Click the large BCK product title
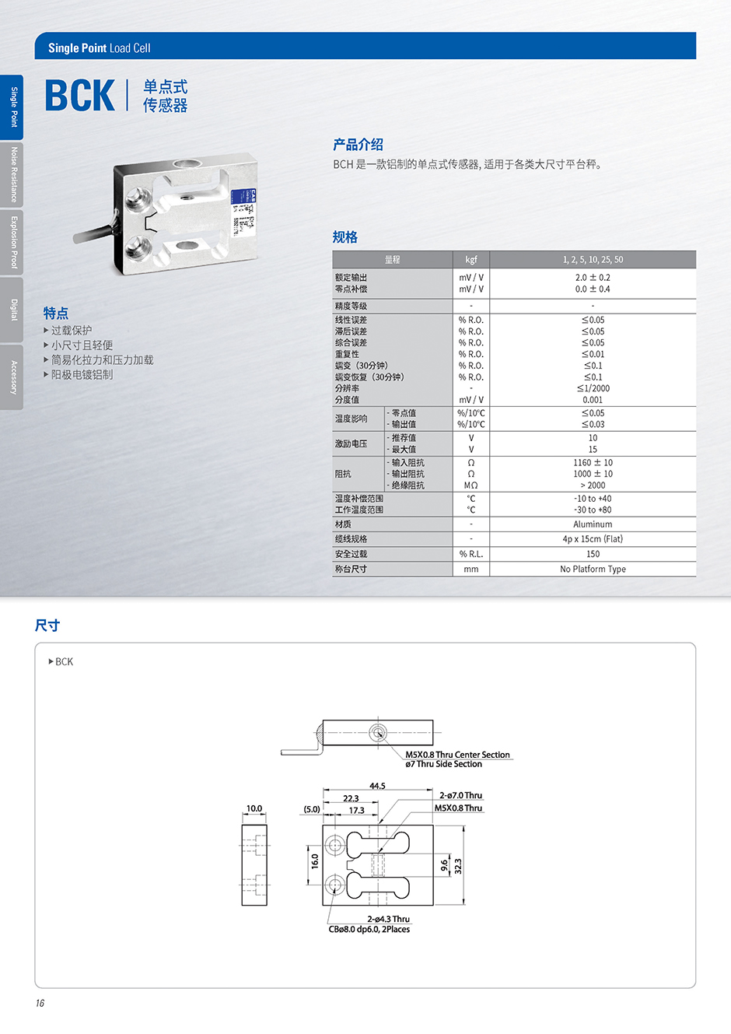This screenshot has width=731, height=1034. click(80, 95)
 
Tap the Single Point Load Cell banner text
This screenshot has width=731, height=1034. click(100, 48)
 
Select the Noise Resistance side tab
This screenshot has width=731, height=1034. click(12, 174)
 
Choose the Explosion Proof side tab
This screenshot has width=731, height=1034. click(12, 242)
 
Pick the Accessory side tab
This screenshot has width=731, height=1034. click(12, 377)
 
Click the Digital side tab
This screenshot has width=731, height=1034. click(12, 310)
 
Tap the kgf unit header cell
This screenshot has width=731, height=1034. click(470, 259)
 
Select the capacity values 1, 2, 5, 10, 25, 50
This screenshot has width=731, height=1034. click(593, 259)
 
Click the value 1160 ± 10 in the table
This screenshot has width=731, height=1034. click(593, 462)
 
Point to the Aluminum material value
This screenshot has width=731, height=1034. click(593, 524)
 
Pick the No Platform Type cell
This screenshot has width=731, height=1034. click(593, 569)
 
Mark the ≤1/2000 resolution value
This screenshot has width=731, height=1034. click(593, 388)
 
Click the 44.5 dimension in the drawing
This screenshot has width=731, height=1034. click(377, 785)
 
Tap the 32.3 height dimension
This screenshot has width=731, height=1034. click(458, 866)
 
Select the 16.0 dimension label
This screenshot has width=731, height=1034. click(315, 861)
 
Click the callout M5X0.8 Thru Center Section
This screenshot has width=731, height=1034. click(457, 754)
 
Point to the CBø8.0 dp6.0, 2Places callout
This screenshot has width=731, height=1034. click(369, 929)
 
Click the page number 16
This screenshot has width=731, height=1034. click(40, 1003)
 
